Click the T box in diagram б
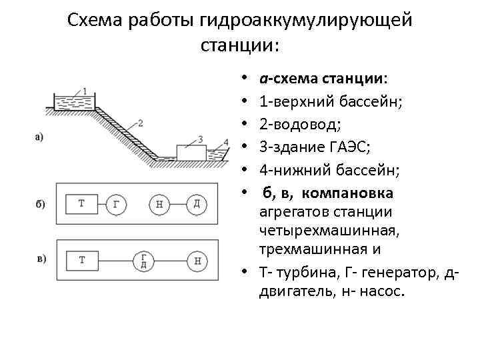tap(82, 203)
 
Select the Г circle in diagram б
tap(117, 204)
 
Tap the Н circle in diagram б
tap(159, 204)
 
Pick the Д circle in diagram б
tap(196, 203)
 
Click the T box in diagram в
tap(82, 260)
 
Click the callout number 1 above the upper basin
tap(85, 91)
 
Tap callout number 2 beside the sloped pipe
tap(141, 123)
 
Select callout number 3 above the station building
tap(199, 139)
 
